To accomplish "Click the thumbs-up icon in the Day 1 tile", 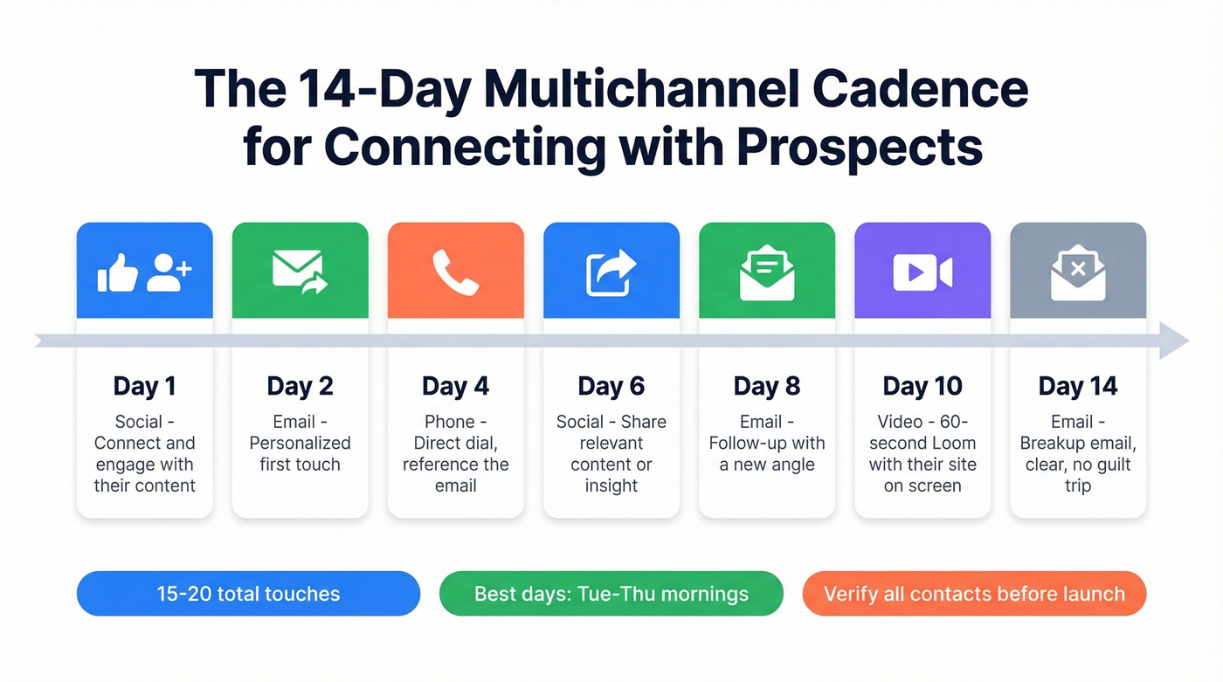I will pyautogui.click(x=118, y=272).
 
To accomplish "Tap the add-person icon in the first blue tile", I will pyautogui.click(x=168, y=272).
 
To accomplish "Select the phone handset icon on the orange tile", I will pyautogui.click(x=455, y=272).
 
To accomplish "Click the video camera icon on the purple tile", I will pyautogui.click(x=922, y=272).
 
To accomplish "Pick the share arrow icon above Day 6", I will pyautogui.click(x=611, y=272).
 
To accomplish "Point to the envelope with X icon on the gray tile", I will pyautogui.click(x=1078, y=272).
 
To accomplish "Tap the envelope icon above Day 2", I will pyautogui.click(x=299, y=270).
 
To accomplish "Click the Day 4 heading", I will pyautogui.click(x=455, y=386).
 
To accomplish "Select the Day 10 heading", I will pyautogui.click(x=922, y=386).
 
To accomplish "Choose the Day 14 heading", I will pyautogui.click(x=1078, y=386).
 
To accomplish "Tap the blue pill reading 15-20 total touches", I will pyautogui.click(x=248, y=594).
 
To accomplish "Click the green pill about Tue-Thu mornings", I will pyautogui.click(x=611, y=594).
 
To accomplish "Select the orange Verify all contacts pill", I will pyautogui.click(x=974, y=594).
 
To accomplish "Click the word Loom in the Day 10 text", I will pyautogui.click(x=957, y=443).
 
